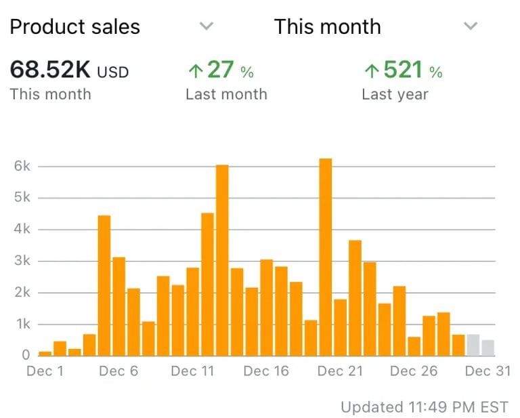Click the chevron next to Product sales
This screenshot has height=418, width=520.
[207, 26]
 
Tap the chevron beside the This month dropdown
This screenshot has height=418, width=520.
[471, 26]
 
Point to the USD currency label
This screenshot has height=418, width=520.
[113, 71]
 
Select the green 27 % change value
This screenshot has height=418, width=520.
[220, 70]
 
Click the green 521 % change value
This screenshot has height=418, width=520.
[403, 70]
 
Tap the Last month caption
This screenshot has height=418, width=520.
[226, 94]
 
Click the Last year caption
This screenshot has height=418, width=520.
[395, 94]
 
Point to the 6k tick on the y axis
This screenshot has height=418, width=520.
[22, 166]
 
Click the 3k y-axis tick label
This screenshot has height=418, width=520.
[22, 261]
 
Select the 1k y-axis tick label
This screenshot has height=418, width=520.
[22, 325]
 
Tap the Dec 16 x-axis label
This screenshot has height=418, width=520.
[266, 371]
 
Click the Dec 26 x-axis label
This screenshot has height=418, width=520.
[414, 371]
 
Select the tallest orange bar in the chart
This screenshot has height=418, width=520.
[326, 257]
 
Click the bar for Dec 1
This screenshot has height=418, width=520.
[45, 353]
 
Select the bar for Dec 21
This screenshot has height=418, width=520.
[340, 327]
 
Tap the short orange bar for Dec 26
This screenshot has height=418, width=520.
[414, 346]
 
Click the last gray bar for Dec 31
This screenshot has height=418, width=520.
[487, 348]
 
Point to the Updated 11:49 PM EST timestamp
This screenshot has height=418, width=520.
[424, 406]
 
